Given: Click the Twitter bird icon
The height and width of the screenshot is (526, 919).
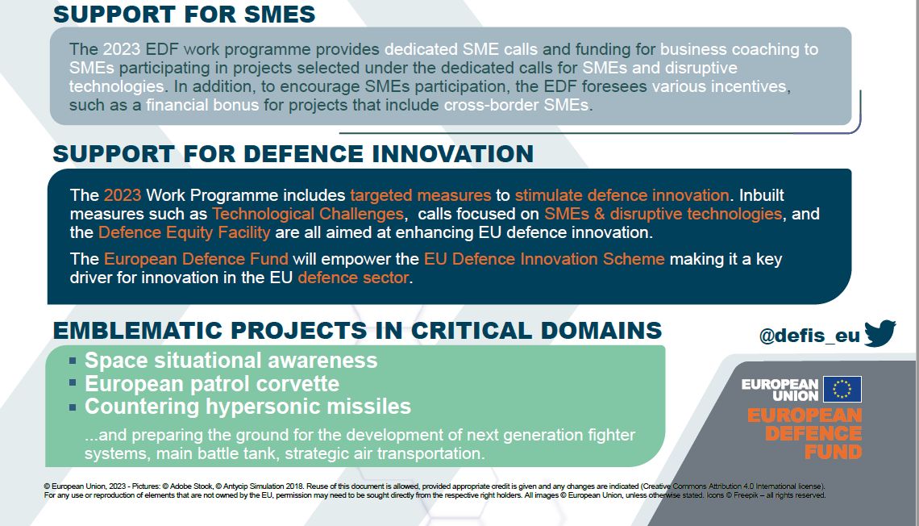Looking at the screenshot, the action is click(x=879, y=333).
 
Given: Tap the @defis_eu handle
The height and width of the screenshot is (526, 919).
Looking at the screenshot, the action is click(x=809, y=336).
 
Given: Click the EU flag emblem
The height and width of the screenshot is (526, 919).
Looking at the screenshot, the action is click(x=842, y=389).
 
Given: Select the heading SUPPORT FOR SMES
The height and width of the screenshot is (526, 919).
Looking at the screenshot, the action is click(x=184, y=15).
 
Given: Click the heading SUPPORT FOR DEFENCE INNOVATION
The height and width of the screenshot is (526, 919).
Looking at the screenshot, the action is click(x=293, y=153).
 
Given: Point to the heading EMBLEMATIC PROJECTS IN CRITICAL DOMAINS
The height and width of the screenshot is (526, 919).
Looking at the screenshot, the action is click(x=357, y=331).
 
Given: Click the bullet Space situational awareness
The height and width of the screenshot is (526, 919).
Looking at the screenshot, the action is click(x=231, y=360).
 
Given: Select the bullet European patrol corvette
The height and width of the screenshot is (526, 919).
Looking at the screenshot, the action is click(x=212, y=383).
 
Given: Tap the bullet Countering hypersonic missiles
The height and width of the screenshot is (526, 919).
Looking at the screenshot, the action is click(x=248, y=407).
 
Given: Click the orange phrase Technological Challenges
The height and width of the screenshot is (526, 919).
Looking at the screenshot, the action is click(x=308, y=214).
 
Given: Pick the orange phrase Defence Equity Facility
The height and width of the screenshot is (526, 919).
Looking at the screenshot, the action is click(x=184, y=232).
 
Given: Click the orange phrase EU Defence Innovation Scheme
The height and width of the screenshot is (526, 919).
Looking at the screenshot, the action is click(x=544, y=259).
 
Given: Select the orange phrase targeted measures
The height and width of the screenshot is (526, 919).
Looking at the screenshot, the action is click(x=421, y=195).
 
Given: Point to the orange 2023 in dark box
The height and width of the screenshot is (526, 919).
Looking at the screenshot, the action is click(x=123, y=194).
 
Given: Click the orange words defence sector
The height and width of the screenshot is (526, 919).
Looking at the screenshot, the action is click(x=353, y=278).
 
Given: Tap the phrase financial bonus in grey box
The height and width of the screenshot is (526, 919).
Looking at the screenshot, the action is click(x=202, y=105).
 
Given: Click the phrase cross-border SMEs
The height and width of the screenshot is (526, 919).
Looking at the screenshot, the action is click(x=517, y=105).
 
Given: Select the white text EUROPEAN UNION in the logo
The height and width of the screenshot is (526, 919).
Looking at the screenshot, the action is click(x=780, y=390).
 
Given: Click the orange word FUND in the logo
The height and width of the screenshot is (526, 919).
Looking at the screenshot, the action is click(x=834, y=452).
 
